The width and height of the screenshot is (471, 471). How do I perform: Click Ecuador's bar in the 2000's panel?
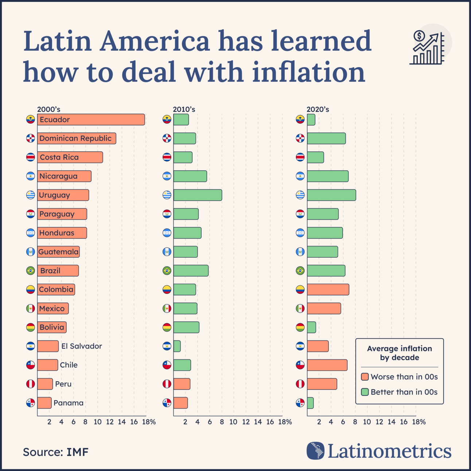(91, 120)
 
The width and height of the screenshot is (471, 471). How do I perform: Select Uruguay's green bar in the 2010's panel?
(198, 195)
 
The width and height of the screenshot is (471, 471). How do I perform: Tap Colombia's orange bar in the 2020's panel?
(328, 289)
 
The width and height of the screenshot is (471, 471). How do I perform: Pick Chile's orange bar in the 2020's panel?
(327, 365)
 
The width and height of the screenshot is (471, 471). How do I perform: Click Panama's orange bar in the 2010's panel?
(180, 403)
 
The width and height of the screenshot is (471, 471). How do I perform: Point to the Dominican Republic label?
(75, 139)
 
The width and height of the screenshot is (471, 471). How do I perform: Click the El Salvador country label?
(82, 346)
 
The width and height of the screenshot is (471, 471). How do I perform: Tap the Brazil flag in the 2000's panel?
(31, 270)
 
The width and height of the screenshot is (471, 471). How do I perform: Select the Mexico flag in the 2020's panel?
(300, 308)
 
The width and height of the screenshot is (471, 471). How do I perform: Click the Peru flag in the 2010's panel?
(167, 384)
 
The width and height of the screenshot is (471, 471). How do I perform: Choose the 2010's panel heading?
(184, 109)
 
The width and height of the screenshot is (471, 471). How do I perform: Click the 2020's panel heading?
(318, 109)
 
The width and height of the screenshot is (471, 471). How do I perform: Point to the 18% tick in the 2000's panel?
(149, 422)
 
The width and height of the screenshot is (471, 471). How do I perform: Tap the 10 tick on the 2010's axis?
(233, 422)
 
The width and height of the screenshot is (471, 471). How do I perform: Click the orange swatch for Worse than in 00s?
(365, 377)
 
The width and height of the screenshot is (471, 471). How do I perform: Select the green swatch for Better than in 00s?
(365, 392)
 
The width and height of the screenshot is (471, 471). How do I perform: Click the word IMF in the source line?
(77, 452)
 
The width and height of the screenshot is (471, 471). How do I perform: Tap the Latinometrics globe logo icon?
(315, 451)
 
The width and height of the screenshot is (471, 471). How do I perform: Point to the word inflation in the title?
(308, 71)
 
